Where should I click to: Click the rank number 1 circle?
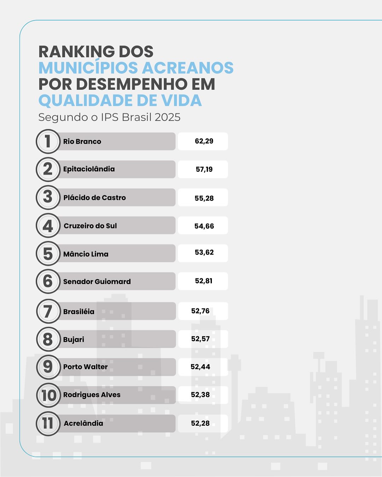pos(48,141)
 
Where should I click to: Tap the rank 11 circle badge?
pos(48,424)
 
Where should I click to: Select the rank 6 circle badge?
pos(48,281)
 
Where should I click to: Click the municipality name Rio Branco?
pos(82,141)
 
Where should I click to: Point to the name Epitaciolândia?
pos(89,169)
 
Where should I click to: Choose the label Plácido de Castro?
pos(94,198)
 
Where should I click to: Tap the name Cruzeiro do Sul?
pos(90,226)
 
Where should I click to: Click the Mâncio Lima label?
pos(86,254)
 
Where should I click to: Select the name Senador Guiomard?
pos(97,281)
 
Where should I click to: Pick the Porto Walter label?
pos(85,367)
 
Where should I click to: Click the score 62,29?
pos(204,141)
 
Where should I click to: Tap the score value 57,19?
pos(204,169)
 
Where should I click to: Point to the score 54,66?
pos(204,226)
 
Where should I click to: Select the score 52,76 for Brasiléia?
pos(200,311)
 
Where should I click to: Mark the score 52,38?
pos(200,395)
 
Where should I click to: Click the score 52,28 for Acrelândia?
pos(200,423)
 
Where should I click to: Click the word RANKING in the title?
pos(76,52)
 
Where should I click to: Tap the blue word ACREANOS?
pos(188,68)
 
